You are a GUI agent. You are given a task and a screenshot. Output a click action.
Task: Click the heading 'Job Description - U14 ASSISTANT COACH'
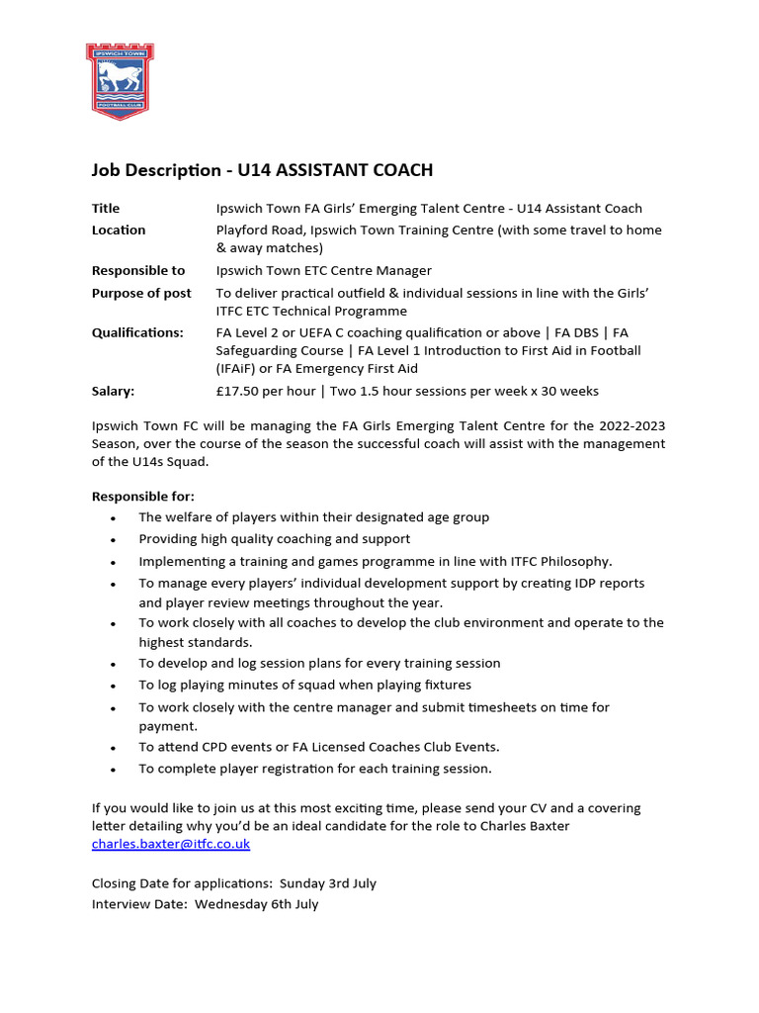point(262,170)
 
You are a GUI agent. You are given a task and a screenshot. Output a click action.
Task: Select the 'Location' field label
point(119,230)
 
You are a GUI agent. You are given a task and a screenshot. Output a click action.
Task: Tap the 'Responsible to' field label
point(138,271)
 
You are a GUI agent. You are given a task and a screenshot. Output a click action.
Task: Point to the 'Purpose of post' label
point(141,293)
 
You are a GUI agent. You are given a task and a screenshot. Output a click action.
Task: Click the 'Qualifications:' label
point(137,333)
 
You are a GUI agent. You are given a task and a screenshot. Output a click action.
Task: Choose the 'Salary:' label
point(113,392)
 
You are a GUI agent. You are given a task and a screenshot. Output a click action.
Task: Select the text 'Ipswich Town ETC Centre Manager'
point(323,271)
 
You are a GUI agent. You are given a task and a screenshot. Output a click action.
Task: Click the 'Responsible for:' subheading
point(143,497)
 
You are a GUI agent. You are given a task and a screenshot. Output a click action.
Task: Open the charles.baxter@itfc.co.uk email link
point(171,844)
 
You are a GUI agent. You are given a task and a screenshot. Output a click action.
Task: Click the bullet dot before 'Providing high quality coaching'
point(115,540)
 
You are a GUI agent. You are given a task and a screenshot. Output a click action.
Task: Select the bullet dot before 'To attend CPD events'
point(115,748)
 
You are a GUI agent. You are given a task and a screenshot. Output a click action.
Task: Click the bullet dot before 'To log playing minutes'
point(115,686)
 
